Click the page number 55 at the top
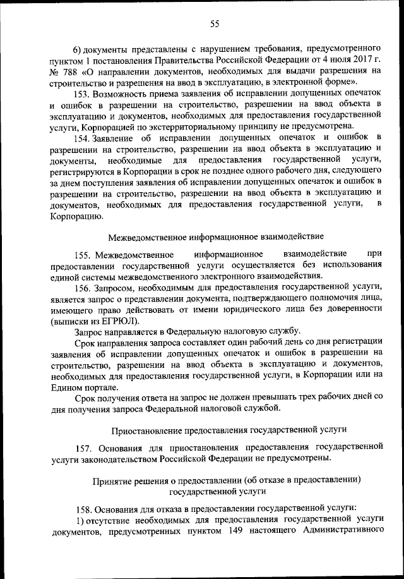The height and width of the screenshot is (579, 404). coord(214,24)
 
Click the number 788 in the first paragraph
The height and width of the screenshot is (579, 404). coord(72,70)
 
